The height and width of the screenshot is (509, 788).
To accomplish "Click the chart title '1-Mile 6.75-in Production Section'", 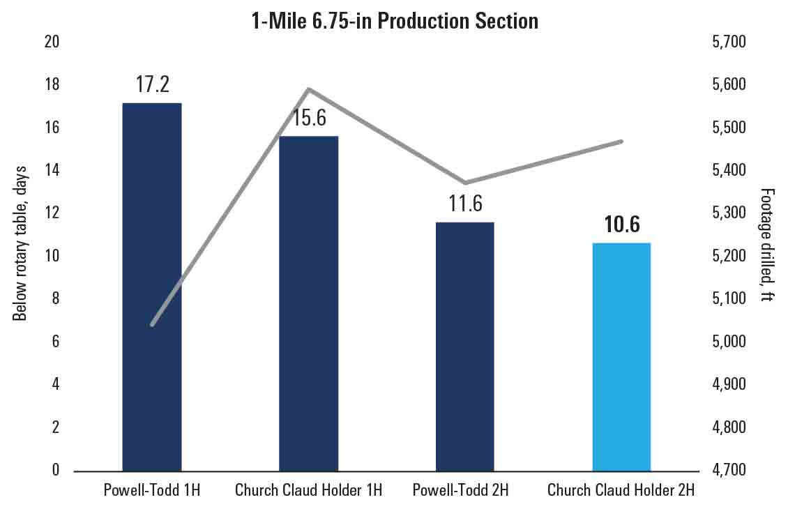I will [395, 21].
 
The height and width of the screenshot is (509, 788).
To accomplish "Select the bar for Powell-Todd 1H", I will [152, 286].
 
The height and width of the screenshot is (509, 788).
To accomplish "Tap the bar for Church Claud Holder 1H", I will [309, 303].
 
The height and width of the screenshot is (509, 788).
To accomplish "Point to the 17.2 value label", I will [153, 85].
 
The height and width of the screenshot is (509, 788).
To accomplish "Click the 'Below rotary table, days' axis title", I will [20, 244].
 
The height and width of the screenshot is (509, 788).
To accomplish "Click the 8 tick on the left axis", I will [56, 299].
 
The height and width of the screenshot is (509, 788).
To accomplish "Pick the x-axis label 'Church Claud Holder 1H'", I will [309, 490].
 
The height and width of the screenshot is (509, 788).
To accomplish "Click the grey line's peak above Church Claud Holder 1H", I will [309, 89].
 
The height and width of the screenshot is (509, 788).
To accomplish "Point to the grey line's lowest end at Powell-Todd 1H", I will [152, 325].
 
